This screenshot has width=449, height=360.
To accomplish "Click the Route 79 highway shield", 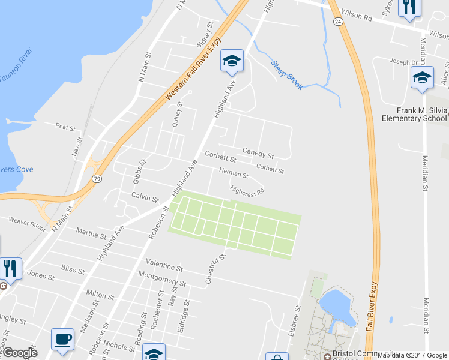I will tap(97, 178).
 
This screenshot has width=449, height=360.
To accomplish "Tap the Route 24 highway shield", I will tap(338, 21).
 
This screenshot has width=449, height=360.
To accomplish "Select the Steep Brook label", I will tap(287, 74).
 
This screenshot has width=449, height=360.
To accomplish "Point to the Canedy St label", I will tap(258, 153).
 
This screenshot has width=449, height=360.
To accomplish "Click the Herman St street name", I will tap(234, 174).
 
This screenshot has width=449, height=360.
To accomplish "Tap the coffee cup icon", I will tap(62, 339).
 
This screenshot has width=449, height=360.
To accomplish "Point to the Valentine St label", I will tap(164, 265).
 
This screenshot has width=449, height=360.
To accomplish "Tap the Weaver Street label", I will tap(27, 225).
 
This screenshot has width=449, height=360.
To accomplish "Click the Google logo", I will tap(19, 353).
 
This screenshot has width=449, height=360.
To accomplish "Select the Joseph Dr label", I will tap(402, 62).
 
